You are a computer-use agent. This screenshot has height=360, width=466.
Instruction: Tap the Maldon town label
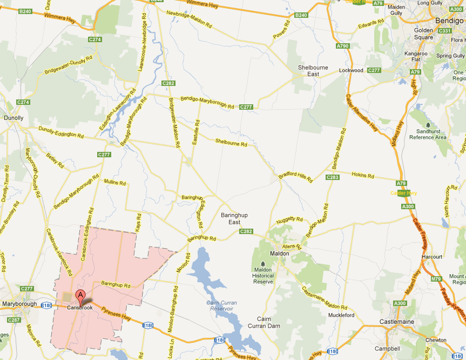tap(279, 253)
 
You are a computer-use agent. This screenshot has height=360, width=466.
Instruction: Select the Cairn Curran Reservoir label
tap(220, 305)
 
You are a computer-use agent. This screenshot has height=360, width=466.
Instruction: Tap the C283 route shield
tap(333, 177)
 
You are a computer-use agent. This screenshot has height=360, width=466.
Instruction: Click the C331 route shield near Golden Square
tap(444, 31)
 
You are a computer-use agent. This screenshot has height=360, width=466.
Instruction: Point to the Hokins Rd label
tap(363, 175)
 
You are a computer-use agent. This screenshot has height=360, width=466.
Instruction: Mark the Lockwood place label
tap(351, 71)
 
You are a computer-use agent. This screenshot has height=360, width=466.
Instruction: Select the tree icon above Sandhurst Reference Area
tap(428, 125)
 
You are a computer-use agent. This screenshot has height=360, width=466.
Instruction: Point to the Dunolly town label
tap(13, 117)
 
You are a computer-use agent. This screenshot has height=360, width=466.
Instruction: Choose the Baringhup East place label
tap(234, 218)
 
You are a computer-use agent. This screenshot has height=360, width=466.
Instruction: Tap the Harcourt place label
tap(433, 256)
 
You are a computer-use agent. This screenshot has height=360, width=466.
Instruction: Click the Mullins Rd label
tap(114, 182)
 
